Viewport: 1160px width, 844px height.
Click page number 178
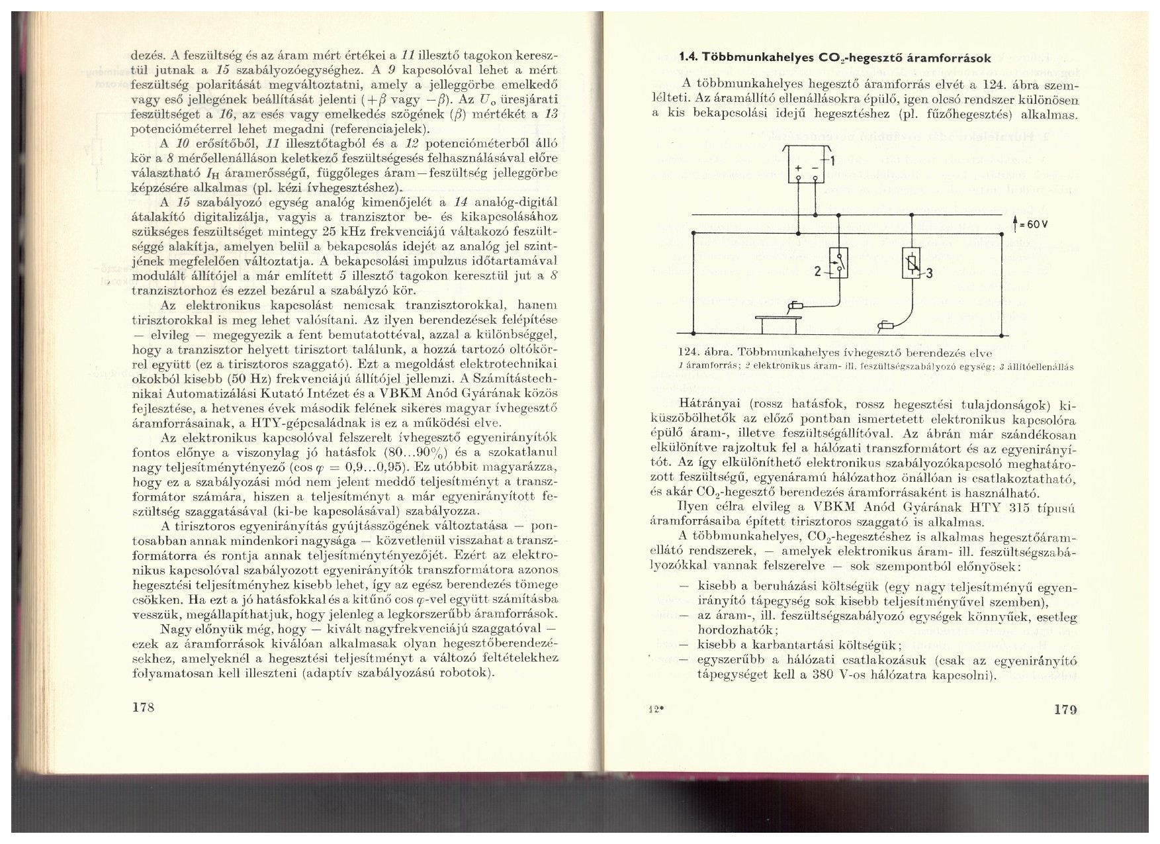(x=144, y=708)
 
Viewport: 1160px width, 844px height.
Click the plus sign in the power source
(x=797, y=170)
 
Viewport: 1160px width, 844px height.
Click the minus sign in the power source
(x=813, y=170)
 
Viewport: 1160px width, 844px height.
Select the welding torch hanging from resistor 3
(x=885, y=324)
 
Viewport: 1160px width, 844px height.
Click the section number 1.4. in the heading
(x=682, y=58)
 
